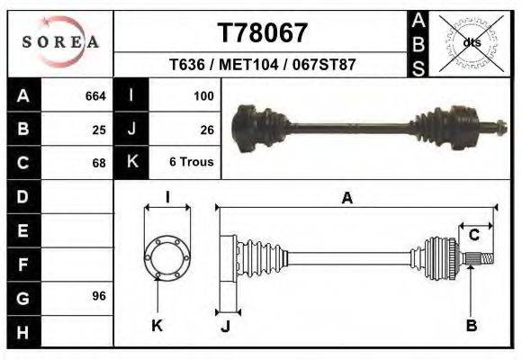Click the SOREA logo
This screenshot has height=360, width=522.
[x=60, y=41]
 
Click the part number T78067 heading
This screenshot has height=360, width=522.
[x=263, y=33]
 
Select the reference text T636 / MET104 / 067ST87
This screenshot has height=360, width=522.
[x=263, y=66]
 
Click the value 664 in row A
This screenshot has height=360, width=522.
[x=95, y=95]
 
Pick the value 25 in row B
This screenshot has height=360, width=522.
[x=99, y=129]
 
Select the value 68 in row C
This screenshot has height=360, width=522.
[x=99, y=163]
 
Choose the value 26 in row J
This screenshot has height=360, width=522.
[x=206, y=129]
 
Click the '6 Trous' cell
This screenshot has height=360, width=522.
[x=191, y=163]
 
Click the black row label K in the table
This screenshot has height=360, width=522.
[x=131, y=162]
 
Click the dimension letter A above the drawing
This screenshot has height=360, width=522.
[x=346, y=199]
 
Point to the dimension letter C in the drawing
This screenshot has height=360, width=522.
[x=473, y=235]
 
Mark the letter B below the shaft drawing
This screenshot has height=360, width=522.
[x=471, y=326]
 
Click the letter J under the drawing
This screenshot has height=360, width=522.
[x=225, y=326]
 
